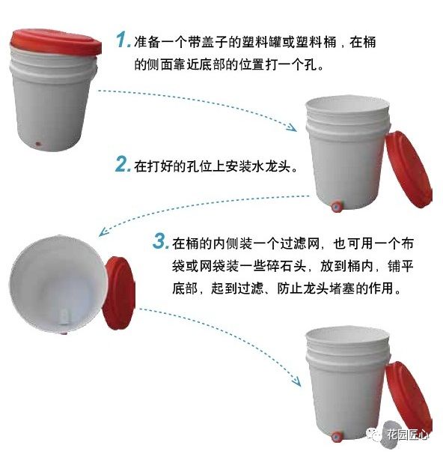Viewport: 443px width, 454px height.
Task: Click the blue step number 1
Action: [x=123, y=40]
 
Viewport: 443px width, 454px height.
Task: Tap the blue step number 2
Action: [x=123, y=164]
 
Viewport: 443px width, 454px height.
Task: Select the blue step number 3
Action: [x=161, y=241]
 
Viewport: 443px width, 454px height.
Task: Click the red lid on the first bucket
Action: [x=56, y=43]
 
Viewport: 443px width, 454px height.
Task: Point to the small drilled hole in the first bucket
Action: [x=37, y=143]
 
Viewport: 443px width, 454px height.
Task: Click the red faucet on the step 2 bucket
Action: [x=337, y=207]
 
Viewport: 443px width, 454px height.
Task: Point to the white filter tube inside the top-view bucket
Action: [x=64, y=316]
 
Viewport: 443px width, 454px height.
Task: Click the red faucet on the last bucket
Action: [x=337, y=437]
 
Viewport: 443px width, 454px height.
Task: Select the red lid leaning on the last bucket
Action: [x=409, y=399]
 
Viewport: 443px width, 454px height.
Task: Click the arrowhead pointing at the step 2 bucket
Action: [x=292, y=127]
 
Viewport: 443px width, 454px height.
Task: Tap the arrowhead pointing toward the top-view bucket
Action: [x=103, y=231]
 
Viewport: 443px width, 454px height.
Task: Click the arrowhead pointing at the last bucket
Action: [x=296, y=381]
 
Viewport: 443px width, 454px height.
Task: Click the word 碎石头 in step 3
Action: [x=286, y=266]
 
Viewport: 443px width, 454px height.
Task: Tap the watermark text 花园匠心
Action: [x=408, y=435]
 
